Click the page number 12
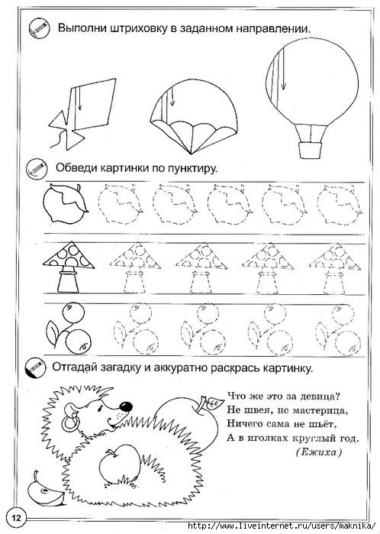[15, 511]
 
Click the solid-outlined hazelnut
[63, 203]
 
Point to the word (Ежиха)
[315, 452]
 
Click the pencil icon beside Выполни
[34, 28]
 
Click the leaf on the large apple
[205, 400]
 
